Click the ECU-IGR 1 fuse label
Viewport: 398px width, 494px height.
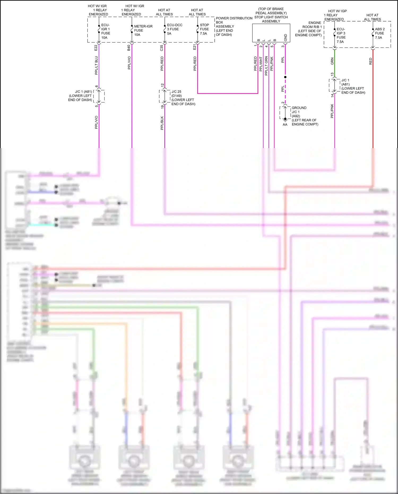point(105,31)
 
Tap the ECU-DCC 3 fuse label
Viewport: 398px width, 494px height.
point(174,29)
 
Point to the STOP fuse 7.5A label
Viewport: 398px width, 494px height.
point(204,29)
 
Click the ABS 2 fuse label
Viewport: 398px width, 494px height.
point(379,33)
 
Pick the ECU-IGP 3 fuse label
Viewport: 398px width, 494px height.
point(341,35)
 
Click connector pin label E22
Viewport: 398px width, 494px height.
point(96,48)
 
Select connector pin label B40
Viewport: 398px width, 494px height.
point(129,48)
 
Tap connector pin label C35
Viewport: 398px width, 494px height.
point(162,48)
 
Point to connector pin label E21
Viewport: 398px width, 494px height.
point(194,47)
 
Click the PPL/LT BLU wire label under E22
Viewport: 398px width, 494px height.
point(96,65)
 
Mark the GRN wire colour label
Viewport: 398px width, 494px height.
point(332,61)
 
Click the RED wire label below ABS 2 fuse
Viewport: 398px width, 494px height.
point(370,61)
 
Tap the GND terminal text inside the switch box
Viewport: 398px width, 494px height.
point(285,37)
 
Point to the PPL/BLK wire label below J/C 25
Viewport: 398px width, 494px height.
point(162,123)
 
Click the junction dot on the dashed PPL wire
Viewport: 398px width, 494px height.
point(285,77)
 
